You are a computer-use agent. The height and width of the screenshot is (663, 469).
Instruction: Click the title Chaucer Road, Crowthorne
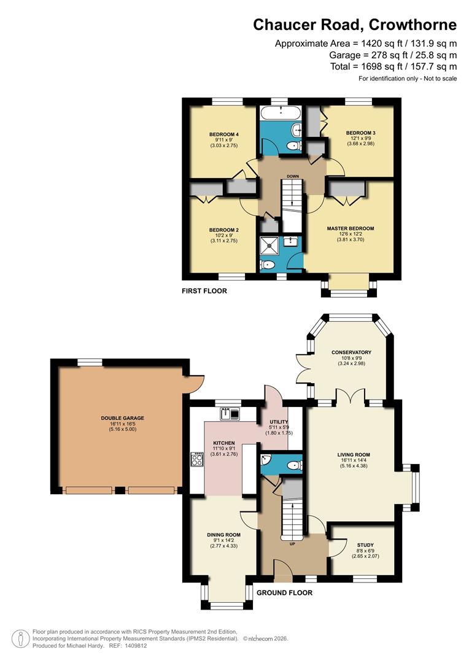tap(355, 25)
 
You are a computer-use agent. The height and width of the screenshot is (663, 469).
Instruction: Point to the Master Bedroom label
tap(351, 228)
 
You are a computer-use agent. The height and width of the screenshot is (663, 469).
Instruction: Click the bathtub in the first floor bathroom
tap(279, 114)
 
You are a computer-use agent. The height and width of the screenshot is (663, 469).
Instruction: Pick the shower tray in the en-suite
tap(269, 244)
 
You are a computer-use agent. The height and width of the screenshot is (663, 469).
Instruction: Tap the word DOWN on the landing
tap(293, 176)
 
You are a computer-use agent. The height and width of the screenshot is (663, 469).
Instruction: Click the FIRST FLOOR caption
tap(204, 291)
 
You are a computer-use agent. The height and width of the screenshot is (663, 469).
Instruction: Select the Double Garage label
tap(123, 418)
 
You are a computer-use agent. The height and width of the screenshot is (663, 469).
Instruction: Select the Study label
tap(365, 545)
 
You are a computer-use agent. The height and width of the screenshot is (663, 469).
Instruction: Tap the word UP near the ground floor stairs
tap(292, 543)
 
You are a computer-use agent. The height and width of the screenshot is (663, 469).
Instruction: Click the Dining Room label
tap(223, 535)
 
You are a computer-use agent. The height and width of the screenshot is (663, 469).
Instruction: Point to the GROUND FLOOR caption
tap(284, 593)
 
